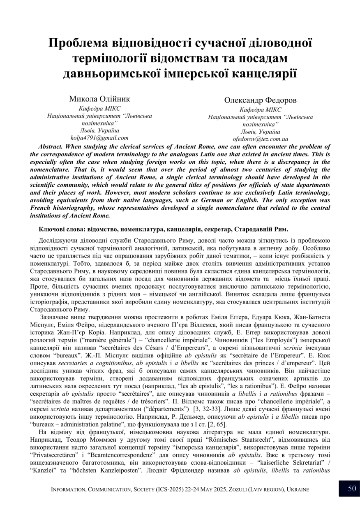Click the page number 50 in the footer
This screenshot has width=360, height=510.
click(352, 489)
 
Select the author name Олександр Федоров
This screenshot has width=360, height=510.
click(260, 100)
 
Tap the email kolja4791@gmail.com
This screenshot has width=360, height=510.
click(99, 138)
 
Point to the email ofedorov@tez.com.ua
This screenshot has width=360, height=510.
click(260, 139)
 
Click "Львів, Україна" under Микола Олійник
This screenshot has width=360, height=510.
click(100, 130)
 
